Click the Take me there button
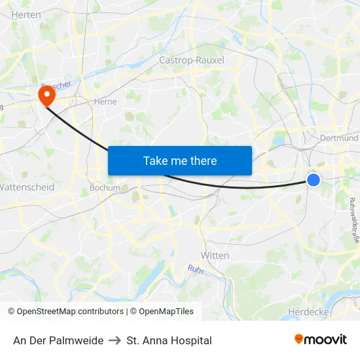(x=180, y=160)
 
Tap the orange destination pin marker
(x=46, y=96)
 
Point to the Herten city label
(x=26, y=14)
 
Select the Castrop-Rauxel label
(x=192, y=60)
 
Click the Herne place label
(x=105, y=101)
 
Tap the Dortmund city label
(x=340, y=138)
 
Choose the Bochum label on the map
(x=105, y=188)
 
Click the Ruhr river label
(x=196, y=269)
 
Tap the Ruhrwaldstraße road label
(x=353, y=215)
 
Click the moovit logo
(x=321, y=340)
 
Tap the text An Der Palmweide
(x=58, y=340)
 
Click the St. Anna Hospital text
(x=170, y=340)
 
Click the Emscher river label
(x=55, y=86)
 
